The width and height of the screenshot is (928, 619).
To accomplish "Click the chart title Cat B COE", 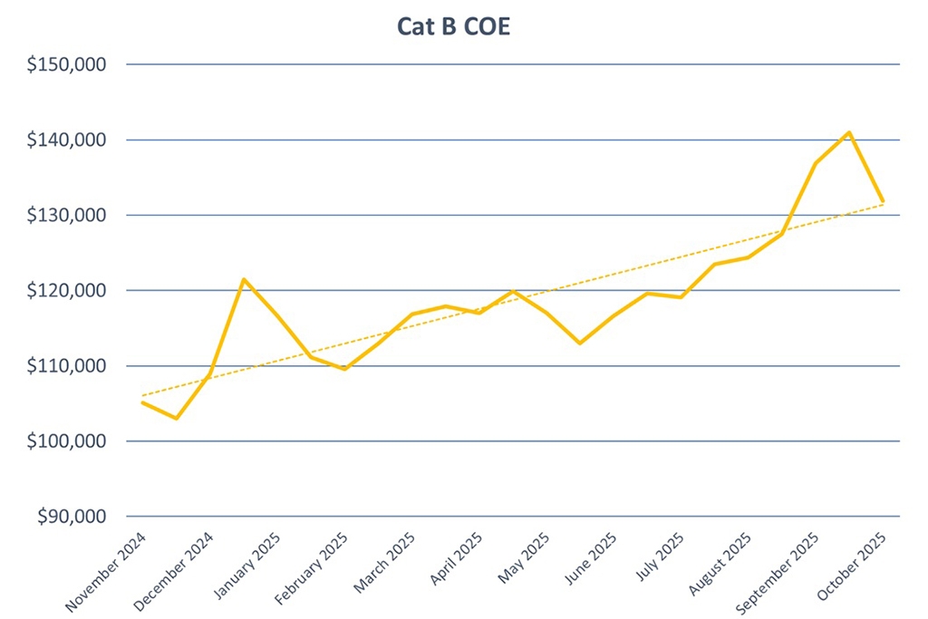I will [x=453, y=27].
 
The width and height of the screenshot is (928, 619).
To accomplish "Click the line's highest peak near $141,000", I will [x=848, y=132].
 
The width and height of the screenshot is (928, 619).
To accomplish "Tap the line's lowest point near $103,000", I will [x=176, y=419].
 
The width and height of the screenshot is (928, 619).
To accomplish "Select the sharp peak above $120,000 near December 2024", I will [x=243, y=279].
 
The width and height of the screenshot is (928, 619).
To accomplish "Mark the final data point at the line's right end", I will [x=882, y=201].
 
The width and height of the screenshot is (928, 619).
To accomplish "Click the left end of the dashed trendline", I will [x=143, y=396].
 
